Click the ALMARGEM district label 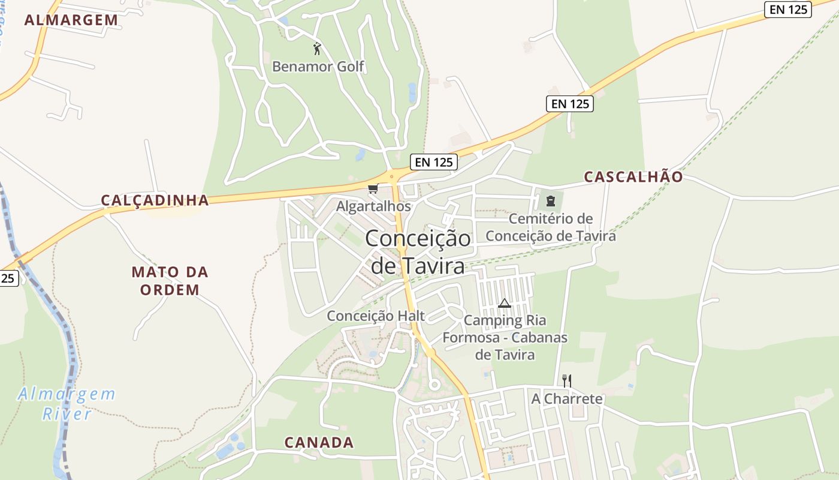(71, 20)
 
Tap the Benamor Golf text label (318, 66)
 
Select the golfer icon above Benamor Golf (317, 48)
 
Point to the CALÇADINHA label (155, 200)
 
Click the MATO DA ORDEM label (170, 281)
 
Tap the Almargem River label (67, 404)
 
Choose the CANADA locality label (319, 443)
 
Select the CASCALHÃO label (633, 177)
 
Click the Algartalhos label (373, 206)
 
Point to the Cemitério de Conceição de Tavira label (550, 227)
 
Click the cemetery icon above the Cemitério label (550, 201)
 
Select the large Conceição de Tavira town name (418, 251)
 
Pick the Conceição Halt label (376, 316)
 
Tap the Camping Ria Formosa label (505, 337)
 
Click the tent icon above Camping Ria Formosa (504, 304)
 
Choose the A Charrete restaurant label (567, 399)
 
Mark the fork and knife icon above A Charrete (566, 380)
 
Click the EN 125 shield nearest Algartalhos (434, 161)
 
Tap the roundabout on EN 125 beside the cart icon (393, 176)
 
